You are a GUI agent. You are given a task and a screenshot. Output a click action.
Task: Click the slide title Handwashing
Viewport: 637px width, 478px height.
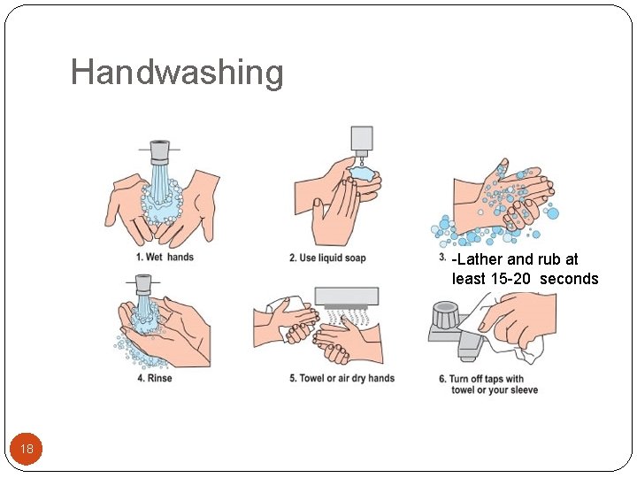177,72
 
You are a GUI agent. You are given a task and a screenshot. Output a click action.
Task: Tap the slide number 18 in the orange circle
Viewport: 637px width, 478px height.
27,450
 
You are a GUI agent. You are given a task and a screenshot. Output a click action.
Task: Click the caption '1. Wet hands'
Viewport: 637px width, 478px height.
165,258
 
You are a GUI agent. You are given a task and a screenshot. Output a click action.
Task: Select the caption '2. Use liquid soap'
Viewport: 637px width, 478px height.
326,258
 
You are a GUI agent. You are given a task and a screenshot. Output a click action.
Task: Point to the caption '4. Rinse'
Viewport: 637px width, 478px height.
154,379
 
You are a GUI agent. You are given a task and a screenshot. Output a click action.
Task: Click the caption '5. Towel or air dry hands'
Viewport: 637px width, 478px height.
342,379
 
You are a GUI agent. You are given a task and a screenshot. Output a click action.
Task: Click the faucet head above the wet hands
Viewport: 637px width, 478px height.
159,151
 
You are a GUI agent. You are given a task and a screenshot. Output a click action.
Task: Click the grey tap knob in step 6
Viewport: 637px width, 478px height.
444,314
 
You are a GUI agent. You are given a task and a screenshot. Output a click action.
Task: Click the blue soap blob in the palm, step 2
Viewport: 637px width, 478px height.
363,174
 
